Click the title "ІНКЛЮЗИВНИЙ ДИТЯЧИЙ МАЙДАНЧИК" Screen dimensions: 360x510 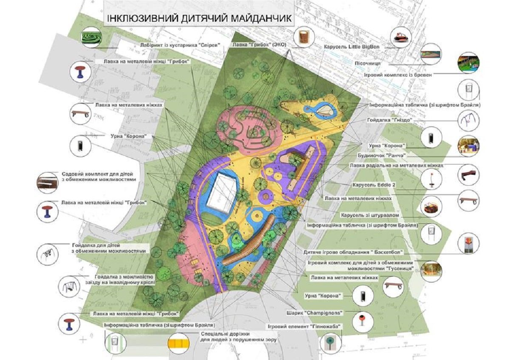[x=199, y=19]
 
